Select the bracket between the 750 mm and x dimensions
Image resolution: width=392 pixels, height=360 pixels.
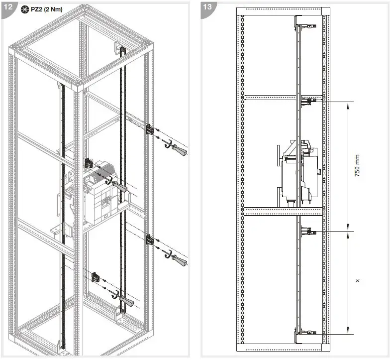pos(307,231)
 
